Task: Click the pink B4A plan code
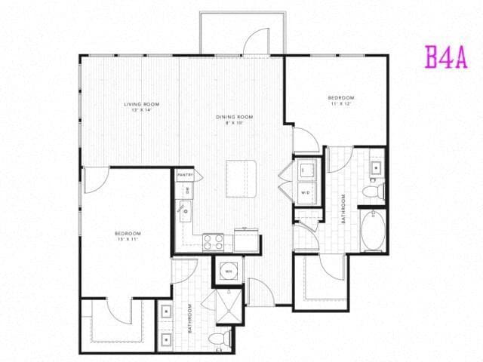pos(446,57)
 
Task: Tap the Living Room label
pos(142,106)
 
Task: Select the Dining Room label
pos(235,119)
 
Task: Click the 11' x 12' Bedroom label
pos(341,101)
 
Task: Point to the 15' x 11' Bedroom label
pos(128,237)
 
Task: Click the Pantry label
pos(185,176)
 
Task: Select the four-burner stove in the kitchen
pos(213,242)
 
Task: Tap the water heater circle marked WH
pos(228,271)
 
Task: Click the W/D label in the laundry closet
pos(306,192)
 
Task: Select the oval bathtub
pos(374,232)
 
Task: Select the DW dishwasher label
pos(188,191)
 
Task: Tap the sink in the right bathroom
pos(375,167)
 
